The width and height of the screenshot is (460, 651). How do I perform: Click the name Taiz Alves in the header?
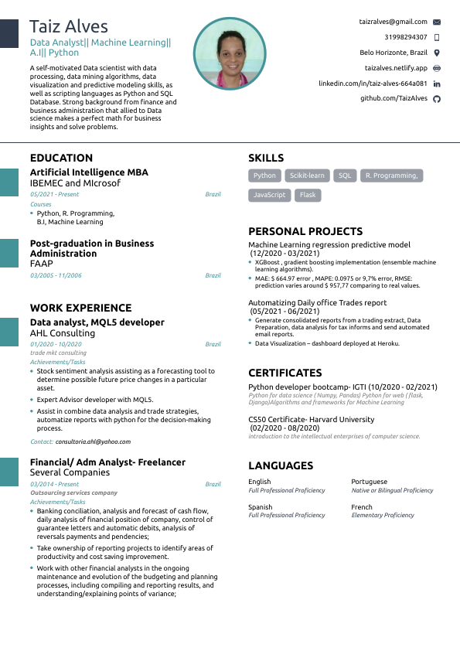click(x=69, y=27)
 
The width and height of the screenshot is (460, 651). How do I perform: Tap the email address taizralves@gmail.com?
click(x=393, y=22)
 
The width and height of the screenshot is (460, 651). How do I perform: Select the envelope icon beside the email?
click(x=437, y=22)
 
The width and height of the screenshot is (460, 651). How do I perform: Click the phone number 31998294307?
click(x=405, y=37)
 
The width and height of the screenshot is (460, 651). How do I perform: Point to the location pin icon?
click(x=437, y=53)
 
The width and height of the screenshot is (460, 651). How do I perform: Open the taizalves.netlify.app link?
click(x=396, y=68)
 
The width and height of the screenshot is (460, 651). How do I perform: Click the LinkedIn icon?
click(x=437, y=84)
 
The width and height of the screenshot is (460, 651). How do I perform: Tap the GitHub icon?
click(x=437, y=99)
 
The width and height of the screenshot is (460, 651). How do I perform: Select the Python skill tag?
click(x=264, y=176)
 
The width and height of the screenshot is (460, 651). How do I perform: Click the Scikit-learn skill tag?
click(x=307, y=176)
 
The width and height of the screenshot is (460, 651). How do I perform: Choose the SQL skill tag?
click(x=344, y=176)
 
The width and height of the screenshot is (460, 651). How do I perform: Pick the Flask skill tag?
click(x=308, y=195)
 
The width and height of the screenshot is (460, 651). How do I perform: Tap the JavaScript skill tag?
click(x=269, y=195)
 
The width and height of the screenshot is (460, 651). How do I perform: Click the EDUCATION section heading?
click(x=61, y=158)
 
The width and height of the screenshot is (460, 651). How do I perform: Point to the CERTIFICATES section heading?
click(x=285, y=373)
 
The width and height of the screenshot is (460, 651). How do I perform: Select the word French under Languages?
click(x=362, y=507)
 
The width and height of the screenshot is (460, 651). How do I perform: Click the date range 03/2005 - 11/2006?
click(x=56, y=275)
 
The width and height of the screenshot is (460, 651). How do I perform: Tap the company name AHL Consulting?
click(x=62, y=333)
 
